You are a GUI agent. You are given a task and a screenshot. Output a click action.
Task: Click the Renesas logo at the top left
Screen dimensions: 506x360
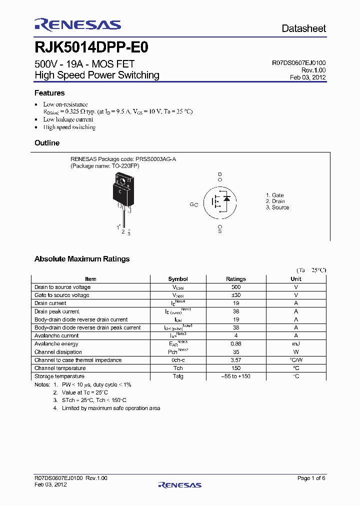[x=77, y=24]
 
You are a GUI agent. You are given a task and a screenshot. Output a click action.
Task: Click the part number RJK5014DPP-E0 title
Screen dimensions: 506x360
[x=91, y=47]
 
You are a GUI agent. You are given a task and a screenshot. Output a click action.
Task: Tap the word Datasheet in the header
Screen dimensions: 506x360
[x=303, y=28]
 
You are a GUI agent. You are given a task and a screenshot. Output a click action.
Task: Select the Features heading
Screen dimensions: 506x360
[x=49, y=93]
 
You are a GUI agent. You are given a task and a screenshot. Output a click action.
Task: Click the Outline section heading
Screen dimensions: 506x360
[x=47, y=143]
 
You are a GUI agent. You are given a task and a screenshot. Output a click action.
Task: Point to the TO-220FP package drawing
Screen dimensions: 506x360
[x=123, y=192]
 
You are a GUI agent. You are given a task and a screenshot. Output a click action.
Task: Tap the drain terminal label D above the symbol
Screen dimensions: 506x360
[x=219, y=174]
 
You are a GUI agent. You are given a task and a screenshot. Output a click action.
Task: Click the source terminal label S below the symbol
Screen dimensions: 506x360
[x=219, y=231]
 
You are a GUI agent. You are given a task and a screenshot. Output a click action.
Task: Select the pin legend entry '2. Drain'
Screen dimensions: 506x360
[x=275, y=201]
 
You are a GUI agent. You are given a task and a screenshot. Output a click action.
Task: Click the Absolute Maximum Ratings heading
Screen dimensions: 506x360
[x=82, y=259]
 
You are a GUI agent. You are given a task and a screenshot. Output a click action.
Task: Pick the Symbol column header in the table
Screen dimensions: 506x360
[x=178, y=279]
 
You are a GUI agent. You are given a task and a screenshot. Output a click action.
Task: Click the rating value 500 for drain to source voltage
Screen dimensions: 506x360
[x=236, y=287]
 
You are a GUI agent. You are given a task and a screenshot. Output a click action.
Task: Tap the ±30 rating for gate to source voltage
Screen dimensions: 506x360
[x=236, y=295]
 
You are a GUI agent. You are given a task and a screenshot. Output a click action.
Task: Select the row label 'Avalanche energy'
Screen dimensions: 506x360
[x=56, y=344]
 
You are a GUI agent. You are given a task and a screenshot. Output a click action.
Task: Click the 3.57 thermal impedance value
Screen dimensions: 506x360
[x=236, y=360]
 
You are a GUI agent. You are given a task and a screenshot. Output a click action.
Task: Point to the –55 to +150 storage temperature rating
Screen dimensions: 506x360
[x=236, y=376]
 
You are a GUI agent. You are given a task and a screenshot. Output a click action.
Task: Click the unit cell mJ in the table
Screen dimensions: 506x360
[x=296, y=344]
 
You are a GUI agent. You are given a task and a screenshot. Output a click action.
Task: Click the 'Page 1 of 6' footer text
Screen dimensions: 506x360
[x=311, y=478]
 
